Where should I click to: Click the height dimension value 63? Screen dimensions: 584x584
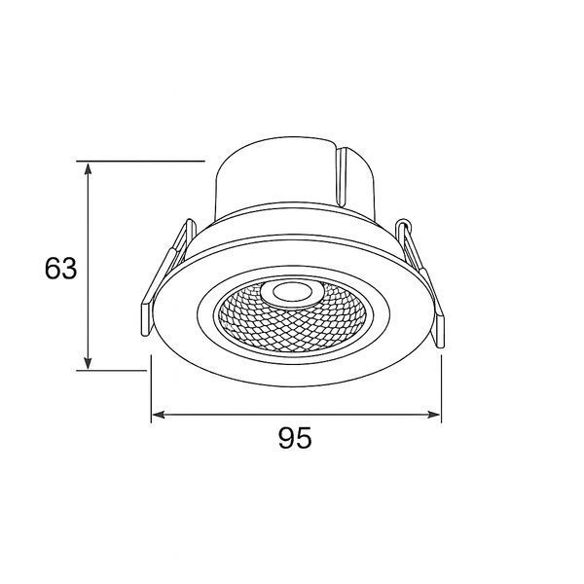(x=60, y=269)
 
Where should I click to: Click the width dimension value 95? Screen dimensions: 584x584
(x=295, y=438)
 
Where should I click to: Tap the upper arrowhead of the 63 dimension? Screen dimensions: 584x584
(x=88, y=169)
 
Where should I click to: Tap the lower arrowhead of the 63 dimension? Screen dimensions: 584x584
(x=88, y=363)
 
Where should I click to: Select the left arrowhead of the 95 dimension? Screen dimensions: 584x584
(x=159, y=415)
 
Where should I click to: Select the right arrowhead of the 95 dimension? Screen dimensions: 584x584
(x=433, y=415)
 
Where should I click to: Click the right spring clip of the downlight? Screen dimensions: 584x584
(x=420, y=283)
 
